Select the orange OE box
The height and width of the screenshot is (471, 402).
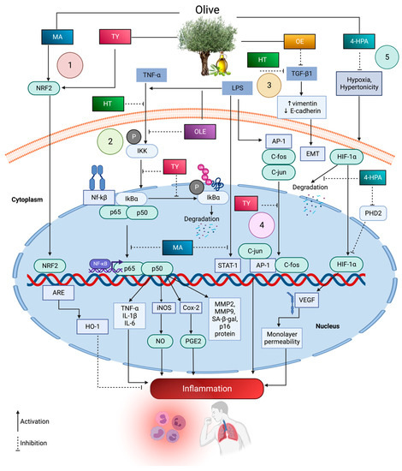click(x=299, y=39)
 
